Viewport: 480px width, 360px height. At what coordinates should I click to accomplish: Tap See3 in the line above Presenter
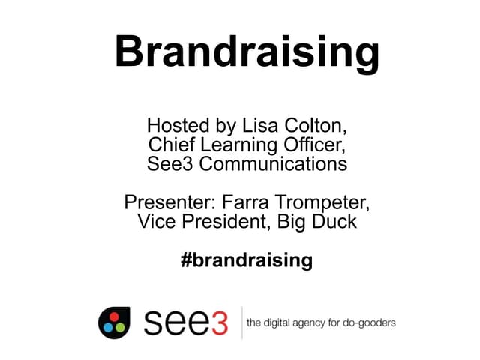(x=166, y=163)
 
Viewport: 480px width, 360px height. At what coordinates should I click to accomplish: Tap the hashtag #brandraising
(x=247, y=260)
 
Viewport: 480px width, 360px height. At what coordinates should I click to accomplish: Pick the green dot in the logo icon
(x=118, y=328)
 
